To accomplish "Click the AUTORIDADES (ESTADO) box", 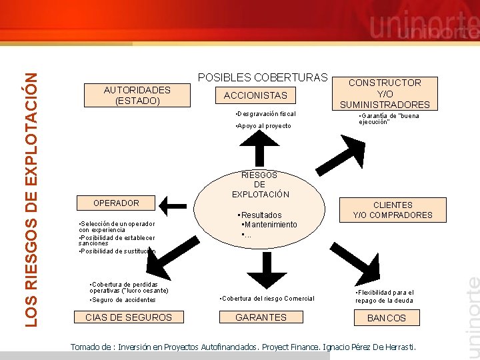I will point(137,95).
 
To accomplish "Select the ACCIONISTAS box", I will point(255,95).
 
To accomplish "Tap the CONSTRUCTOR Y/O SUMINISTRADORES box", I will point(385,93).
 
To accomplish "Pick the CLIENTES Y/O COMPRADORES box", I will point(393,210).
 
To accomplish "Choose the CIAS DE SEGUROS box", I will point(129,317).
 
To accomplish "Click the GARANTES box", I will point(261,317).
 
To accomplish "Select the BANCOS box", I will point(387,318).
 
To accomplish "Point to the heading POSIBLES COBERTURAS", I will point(263,77).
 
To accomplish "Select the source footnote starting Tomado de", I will point(243,347).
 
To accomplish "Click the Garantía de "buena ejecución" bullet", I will point(390,119).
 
